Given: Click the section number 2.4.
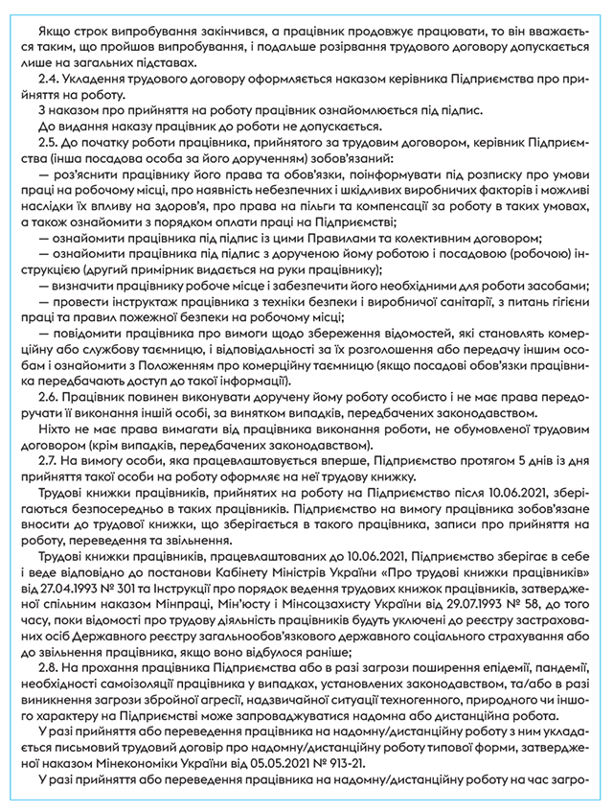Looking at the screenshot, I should pos(46,81).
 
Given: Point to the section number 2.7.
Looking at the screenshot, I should pos(46,457).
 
